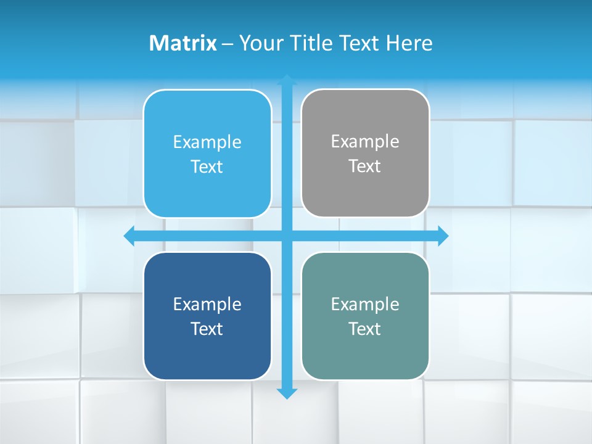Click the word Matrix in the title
(x=183, y=43)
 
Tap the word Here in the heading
(x=409, y=43)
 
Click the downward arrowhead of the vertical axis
(x=287, y=393)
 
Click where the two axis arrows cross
(x=287, y=236)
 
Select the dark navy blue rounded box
(x=207, y=351)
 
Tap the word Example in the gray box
(x=365, y=142)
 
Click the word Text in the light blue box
(x=207, y=167)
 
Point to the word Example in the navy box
(x=207, y=304)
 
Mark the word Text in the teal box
(x=365, y=329)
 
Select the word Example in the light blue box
(x=207, y=142)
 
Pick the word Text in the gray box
(x=365, y=166)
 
